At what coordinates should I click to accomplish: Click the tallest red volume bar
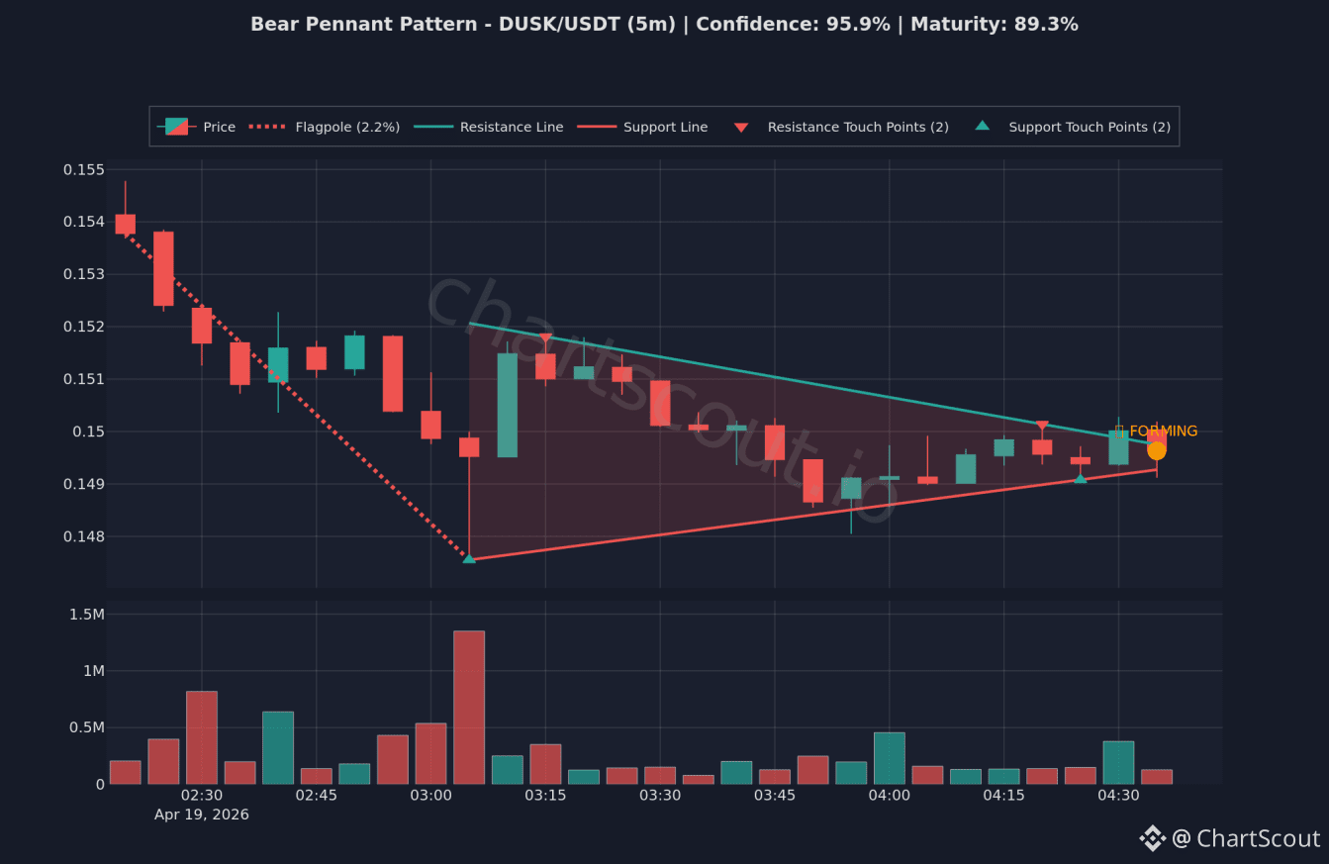pos(469,708)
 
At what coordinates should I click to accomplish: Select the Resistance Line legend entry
pos(488,127)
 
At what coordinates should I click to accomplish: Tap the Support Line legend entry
pos(642,127)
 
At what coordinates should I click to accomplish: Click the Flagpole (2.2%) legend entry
pos(324,127)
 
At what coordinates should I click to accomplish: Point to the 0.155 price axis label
pos(84,169)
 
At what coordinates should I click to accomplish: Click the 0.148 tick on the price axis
pos(84,536)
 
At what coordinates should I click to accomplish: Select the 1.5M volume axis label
pos(87,615)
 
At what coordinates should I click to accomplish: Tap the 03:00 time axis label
pos(430,795)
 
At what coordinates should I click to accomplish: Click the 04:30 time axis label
pos(1118,795)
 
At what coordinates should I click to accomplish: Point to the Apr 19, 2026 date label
pos(202,815)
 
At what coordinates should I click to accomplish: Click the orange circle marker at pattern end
pos(1157,451)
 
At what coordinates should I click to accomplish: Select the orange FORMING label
pos(1157,431)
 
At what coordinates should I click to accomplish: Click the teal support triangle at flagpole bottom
pos(469,558)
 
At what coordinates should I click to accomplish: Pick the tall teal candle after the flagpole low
pos(508,406)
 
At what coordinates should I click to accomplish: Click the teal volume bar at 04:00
pos(890,758)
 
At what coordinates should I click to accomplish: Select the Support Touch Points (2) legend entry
pos(1073,127)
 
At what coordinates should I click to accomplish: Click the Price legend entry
pos(196,127)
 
